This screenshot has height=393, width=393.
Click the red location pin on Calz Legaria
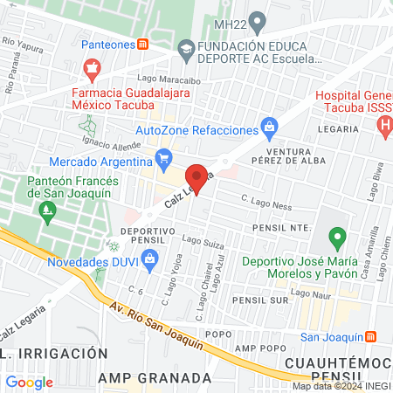point(198,178)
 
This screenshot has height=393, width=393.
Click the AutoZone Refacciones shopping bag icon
point(270,129)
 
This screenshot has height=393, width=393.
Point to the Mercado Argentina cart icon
point(162,158)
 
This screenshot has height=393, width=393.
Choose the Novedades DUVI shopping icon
point(150,258)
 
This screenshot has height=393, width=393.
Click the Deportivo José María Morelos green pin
point(336,236)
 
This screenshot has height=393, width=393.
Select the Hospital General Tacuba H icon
point(384,125)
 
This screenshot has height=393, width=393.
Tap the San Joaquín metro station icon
point(370,336)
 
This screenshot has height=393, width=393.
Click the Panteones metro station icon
point(141,43)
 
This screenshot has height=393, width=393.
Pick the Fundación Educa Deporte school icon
point(185,50)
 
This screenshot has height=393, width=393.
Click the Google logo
point(29,382)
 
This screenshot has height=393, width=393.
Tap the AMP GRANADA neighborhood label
point(155,377)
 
